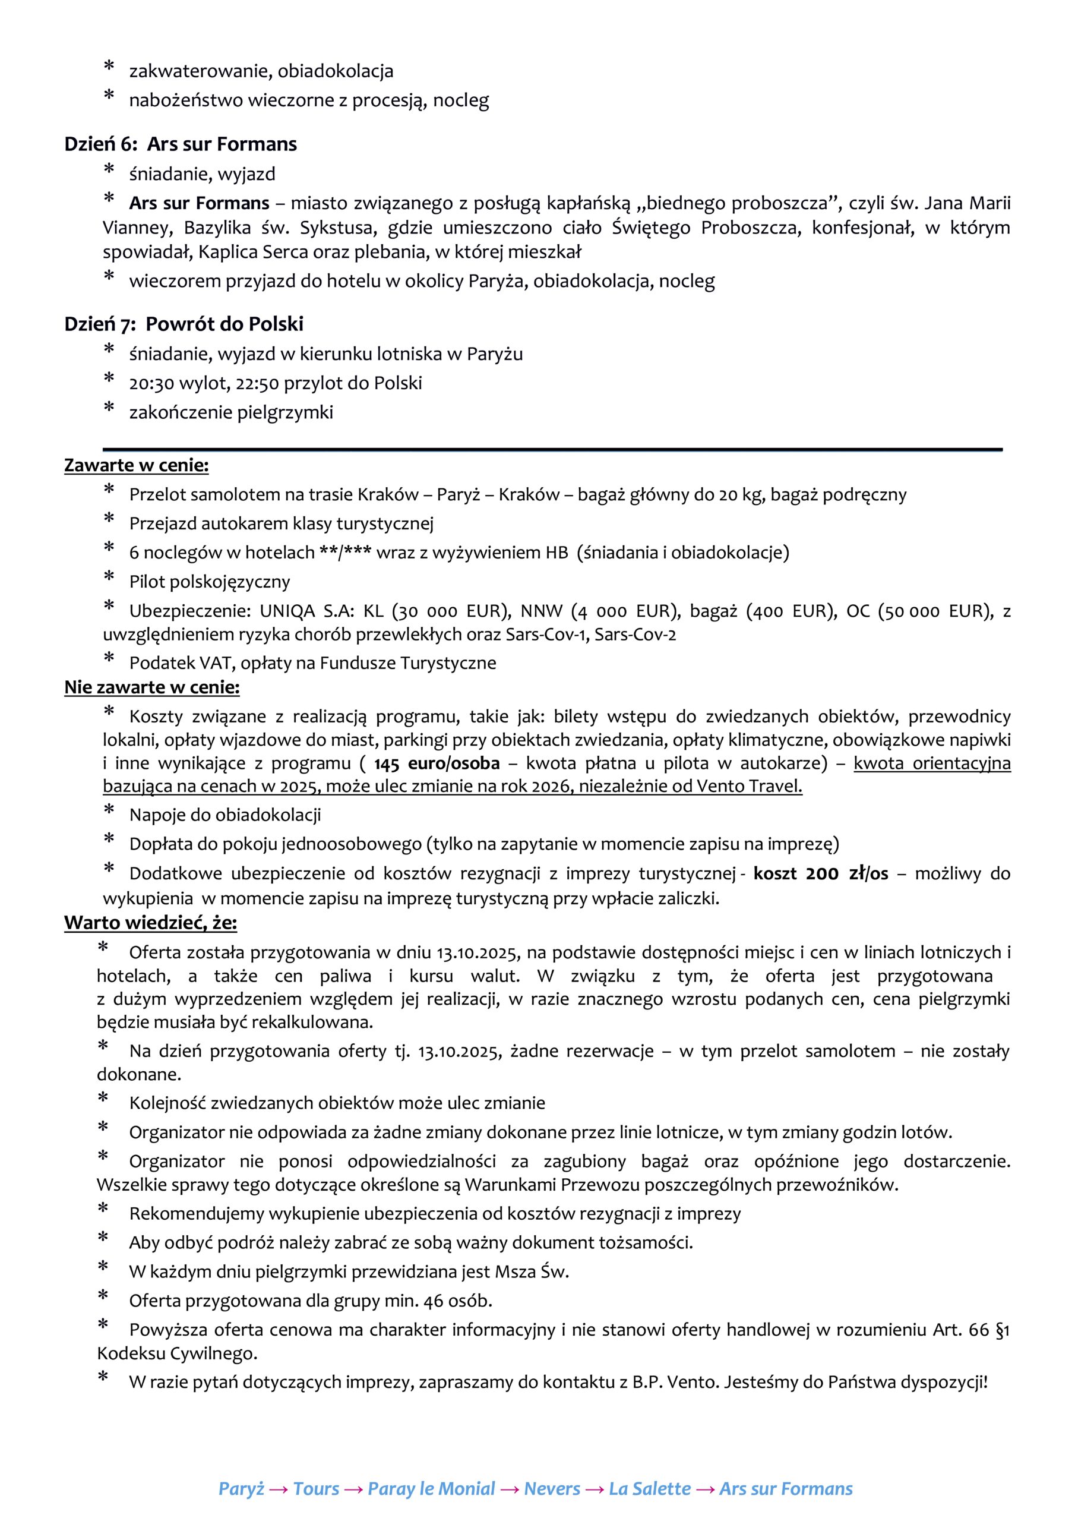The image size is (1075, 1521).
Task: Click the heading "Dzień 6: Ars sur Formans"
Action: pyautogui.click(x=180, y=144)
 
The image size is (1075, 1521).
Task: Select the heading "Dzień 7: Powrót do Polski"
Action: pyautogui.click(x=184, y=324)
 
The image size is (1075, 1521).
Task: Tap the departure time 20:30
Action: pyautogui.click(x=151, y=384)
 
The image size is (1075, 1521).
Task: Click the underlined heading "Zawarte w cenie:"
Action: pyautogui.click(x=137, y=466)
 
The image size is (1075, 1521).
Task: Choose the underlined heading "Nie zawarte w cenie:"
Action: pyautogui.click(x=151, y=687)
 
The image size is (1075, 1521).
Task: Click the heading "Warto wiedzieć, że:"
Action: pyautogui.click(x=150, y=923)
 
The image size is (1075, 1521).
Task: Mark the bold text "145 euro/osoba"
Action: pyautogui.click(x=437, y=764)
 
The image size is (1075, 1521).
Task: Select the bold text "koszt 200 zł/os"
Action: pyautogui.click(x=821, y=874)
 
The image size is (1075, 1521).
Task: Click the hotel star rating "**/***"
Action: pyautogui.click(x=345, y=553)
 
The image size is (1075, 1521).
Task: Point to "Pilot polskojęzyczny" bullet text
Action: pyautogui.click(x=209, y=582)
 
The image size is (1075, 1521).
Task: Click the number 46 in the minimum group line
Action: pyautogui.click(x=433, y=1301)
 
